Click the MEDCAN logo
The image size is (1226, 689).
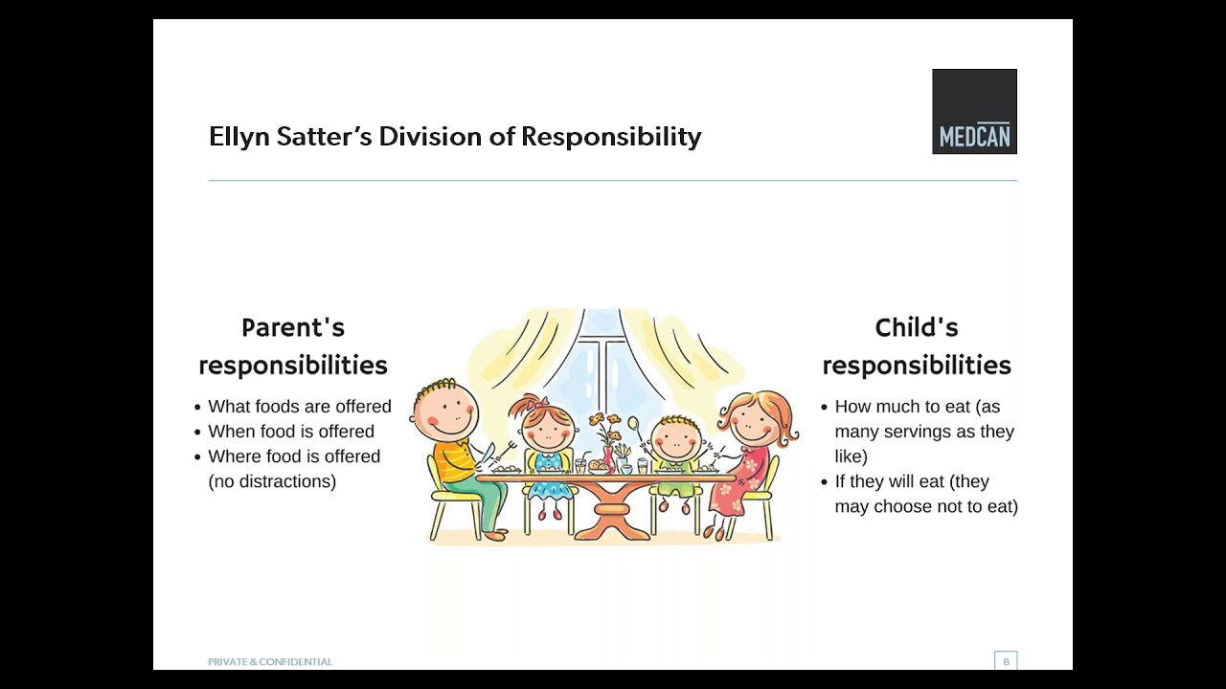point(974,111)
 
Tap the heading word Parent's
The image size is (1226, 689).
point(292,328)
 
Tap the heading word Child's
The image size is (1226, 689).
point(916,328)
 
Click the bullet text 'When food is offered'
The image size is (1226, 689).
point(291,432)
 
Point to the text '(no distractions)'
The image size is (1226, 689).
point(272,481)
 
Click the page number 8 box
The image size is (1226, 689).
point(1005,661)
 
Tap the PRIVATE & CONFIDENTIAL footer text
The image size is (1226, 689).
point(270,662)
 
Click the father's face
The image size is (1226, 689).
point(445,411)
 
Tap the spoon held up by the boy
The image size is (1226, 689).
point(634,427)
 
